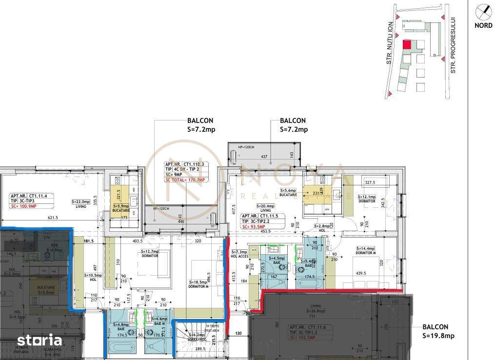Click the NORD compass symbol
click(483, 11)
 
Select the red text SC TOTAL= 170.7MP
click(185, 180)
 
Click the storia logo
click(40, 340)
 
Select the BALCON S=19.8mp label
click(438, 331)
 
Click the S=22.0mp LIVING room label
click(81, 203)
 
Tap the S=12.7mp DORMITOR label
click(150, 253)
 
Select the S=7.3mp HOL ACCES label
click(238, 254)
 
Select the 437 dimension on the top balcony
click(264, 156)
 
